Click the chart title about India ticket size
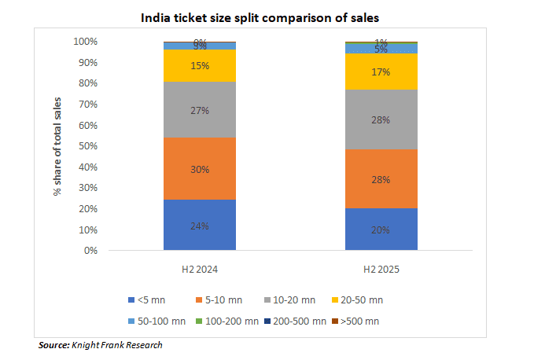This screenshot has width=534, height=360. click(x=267, y=16)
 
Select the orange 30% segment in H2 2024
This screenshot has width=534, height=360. click(x=200, y=169)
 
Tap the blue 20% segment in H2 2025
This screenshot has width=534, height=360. click(x=381, y=230)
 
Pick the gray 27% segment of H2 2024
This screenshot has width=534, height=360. click(x=200, y=110)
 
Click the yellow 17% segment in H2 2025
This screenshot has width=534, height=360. click(x=381, y=71)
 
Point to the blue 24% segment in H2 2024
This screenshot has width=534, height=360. click(x=200, y=226)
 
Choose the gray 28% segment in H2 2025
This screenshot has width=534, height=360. click(x=381, y=119)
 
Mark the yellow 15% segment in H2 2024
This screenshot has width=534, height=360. click(x=200, y=66)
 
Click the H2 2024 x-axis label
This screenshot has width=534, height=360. click(x=200, y=269)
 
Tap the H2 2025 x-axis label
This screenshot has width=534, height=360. click(x=381, y=269)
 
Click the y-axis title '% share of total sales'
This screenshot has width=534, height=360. click(x=58, y=146)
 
